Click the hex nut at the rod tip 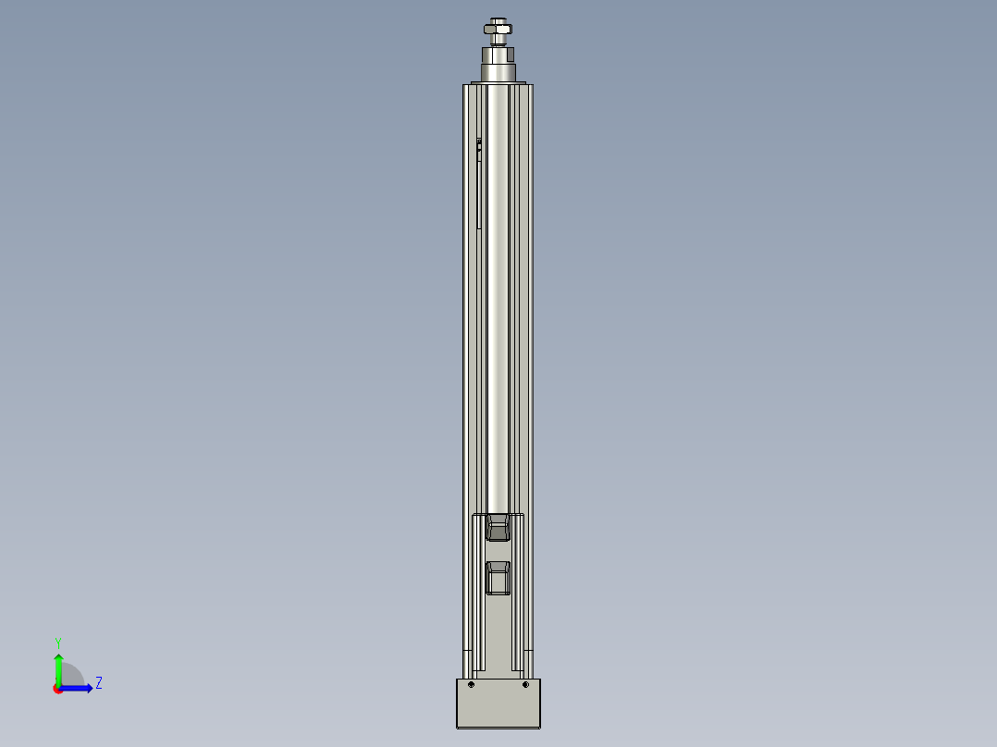coord(498,30)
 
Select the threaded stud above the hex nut coord(498,20)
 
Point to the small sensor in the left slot coord(479,144)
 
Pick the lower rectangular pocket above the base coord(498,579)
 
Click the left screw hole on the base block coord(471,685)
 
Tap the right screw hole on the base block coord(525,685)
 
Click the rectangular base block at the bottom coord(498,708)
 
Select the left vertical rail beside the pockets coord(477,592)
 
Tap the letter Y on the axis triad coord(57,642)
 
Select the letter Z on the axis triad coord(98,683)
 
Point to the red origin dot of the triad coord(58,689)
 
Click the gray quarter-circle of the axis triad coord(71,676)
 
